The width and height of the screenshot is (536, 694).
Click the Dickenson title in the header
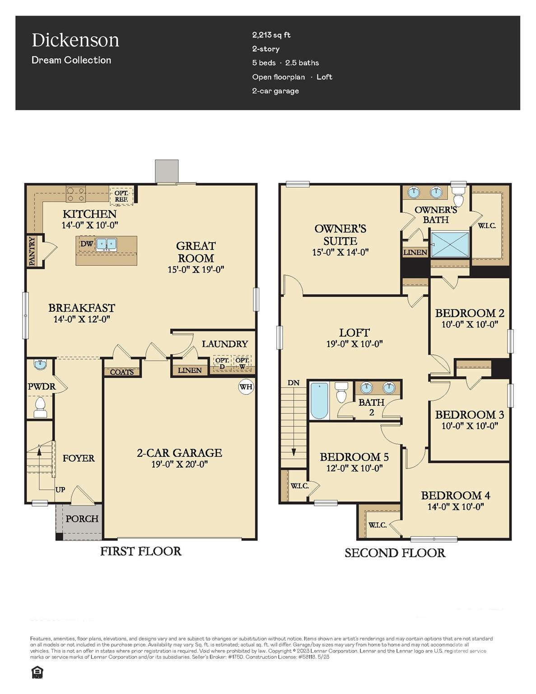click(x=75, y=40)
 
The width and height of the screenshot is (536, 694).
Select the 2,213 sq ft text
click(x=271, y=35)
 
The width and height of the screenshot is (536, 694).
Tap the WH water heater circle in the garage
click(x=246, y=387)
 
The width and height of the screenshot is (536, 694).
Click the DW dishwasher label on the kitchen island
click(x=87, y=244)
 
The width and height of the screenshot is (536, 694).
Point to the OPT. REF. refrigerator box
click(x=121, y=196)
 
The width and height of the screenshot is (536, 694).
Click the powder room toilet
click(x=41, y=407)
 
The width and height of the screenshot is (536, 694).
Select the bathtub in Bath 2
click(x=319, y=401)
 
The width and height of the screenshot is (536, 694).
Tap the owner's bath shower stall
click(x=450, y=244)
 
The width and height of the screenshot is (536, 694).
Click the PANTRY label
click(x=32, y=251)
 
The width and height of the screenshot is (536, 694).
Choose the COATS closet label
click(x=122, y=372)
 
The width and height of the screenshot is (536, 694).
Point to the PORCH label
click(x=82, y=519)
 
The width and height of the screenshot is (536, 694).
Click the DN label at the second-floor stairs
click(x=294, y=383)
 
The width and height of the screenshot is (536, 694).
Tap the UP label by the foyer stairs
click(x=60, y=489)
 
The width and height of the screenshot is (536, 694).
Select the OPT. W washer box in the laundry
click(x=242, y=363)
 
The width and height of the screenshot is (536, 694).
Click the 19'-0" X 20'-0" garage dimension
click(x=179, y=464)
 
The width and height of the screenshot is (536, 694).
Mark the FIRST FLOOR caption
click(x=140, y=551)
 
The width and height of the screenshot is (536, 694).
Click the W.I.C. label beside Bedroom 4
click(x=378, y=525)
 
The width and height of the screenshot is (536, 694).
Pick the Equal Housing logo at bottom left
click(x=37, y=673)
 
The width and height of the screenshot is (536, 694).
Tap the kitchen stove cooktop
click(x=76, y=194)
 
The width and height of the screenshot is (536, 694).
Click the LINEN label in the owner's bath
click(x=415, y=252)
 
